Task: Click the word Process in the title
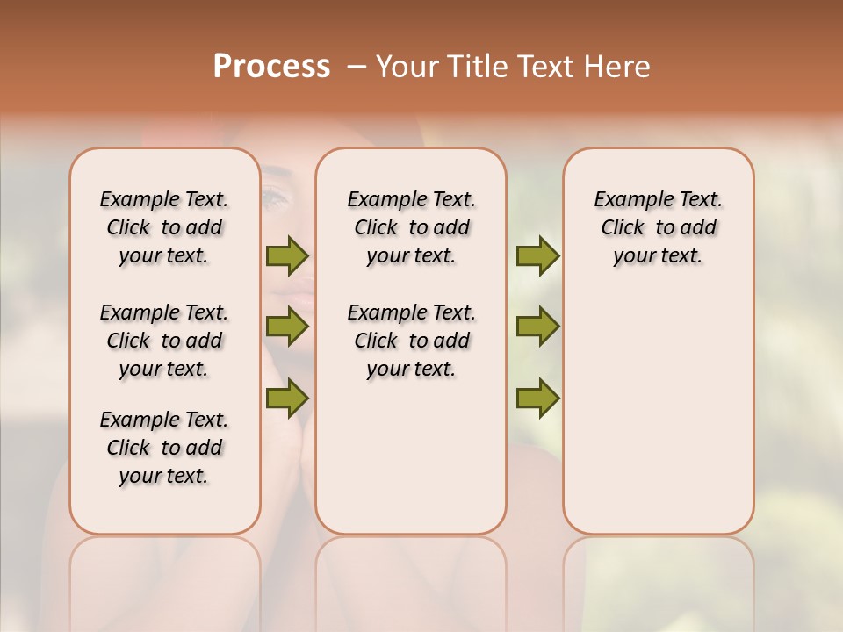coord(271,67)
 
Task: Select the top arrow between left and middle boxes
coord(287,256)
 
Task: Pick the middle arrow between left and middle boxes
coord(287,327)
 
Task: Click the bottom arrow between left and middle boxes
coord(287,399)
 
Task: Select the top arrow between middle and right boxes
coord(537,256)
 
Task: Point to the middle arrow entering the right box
coord(537,327)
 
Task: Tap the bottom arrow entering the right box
coord(537,399)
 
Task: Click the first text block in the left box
coord(164,227)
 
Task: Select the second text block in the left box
coord(164,341)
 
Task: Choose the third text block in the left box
coord(164,448)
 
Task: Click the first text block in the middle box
coord(411,227)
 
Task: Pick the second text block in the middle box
coord(411,341)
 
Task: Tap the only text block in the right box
coord(658,227)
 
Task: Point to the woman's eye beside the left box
coord(276,198)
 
